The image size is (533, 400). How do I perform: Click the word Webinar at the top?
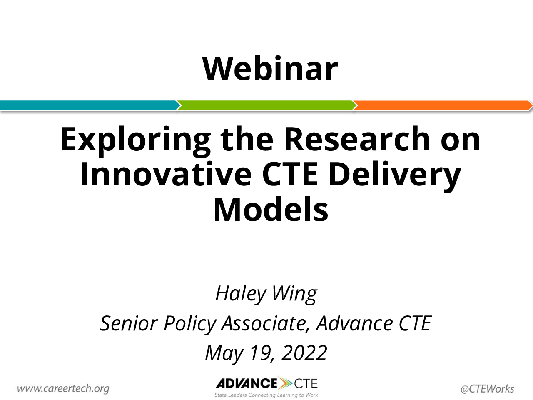[270, 69]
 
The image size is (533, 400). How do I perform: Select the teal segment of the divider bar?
[90, 106]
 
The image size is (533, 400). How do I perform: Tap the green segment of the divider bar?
[266, 106]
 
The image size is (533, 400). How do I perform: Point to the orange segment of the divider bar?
[442, 106]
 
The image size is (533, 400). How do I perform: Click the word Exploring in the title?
[135, 141]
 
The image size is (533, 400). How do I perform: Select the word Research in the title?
[357, 139]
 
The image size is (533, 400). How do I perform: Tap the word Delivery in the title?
[394, 176]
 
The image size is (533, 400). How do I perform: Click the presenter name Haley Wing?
[266, 294]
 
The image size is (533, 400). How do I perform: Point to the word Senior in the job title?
[129, 323]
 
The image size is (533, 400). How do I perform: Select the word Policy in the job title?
[190, 324]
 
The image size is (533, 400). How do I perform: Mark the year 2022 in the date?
[304, 353]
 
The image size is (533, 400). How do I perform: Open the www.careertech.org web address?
[63, 388]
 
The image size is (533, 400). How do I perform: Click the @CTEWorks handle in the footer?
[487, 389]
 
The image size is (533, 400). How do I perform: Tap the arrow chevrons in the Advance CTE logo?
[285, 383]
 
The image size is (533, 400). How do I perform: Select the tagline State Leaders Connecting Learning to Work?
[266, 395]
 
